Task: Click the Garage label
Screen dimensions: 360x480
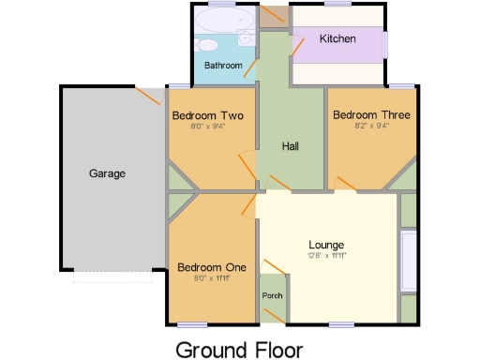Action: (x=108, y=173)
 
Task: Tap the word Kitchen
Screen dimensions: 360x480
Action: (x=337, y=39)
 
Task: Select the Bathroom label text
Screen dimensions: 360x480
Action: (x=224, y=66)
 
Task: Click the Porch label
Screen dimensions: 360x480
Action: (x=272, y=296)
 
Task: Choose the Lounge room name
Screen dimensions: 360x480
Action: (x=326, y=245)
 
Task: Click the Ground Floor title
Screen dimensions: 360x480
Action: (x=239, y=350)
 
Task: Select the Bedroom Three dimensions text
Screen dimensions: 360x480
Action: (x=371, y=127)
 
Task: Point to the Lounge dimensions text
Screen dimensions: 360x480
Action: (x=326, y=256)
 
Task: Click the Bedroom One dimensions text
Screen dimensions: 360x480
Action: (x=212, y=278)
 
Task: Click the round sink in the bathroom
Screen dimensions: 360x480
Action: (x=247, y=37)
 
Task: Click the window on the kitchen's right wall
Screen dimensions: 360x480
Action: (x=385, y=45)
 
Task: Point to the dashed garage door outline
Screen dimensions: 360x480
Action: (x=112, y=277)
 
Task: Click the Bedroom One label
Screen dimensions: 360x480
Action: (x=212, y=267)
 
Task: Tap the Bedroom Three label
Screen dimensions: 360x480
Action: (x=371, y=115)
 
